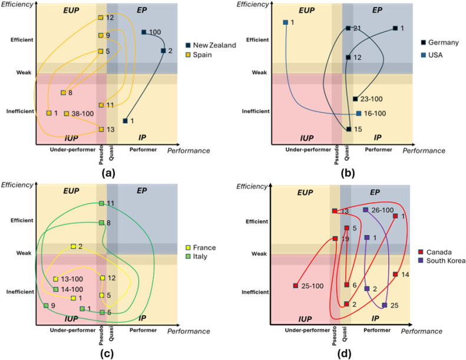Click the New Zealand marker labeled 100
[x=144, y=32]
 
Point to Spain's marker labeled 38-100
[x=67, y=114]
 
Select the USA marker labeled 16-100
[x=359, y=114]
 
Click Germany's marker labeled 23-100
[x=355, y=99]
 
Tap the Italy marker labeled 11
[x=101, y=203]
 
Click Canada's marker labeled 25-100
[x=295, y=286]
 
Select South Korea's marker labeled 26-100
[x=366, y=210]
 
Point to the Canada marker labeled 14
[x=395, y=274]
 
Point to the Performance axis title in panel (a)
[x=189, y=151]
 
